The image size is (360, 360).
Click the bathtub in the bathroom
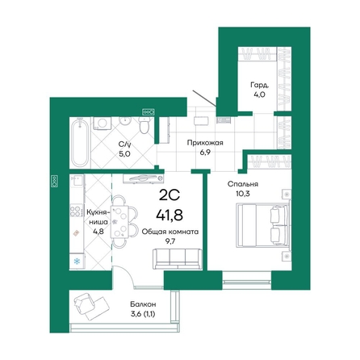point(79,143)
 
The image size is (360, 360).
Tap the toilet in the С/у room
point(144,125)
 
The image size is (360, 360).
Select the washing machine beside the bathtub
point(102,123)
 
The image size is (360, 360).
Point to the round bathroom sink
point(125,120)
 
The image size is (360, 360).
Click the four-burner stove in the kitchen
point(76,211)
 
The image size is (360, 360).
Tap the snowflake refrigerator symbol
point(77,261)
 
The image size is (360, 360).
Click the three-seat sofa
point(178,259)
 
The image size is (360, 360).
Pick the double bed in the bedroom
point(263,225)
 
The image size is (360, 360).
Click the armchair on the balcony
point(85,303)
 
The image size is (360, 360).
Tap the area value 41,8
point(170,215)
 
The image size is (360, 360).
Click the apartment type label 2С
point(170,195)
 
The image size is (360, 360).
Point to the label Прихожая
point(205,143)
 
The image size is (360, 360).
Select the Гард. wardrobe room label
point(260,86)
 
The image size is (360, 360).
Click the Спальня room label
point(243,184)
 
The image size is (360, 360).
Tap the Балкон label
point(143,304)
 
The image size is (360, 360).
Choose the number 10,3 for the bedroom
point(242,194)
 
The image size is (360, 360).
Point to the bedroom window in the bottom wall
point(247,280)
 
